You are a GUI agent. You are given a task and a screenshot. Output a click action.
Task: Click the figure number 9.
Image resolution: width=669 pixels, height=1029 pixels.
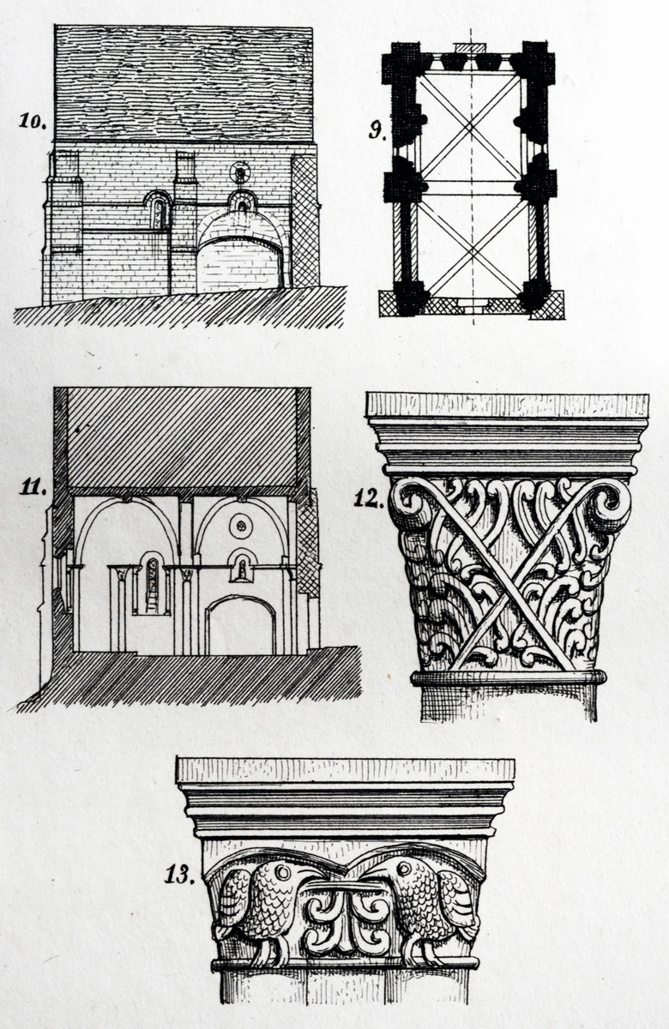(377, 131)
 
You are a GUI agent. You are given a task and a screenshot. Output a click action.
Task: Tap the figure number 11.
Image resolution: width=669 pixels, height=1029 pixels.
(33, 487)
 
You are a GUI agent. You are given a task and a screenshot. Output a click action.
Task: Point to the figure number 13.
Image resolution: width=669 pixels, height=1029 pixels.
(179, 876)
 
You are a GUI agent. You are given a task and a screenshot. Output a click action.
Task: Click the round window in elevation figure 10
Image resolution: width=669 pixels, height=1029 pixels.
(240, 173)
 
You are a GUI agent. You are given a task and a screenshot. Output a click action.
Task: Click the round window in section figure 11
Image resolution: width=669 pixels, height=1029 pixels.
(241, 526)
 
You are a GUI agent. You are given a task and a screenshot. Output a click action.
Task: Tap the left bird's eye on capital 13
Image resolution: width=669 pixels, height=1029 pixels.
(281, 871)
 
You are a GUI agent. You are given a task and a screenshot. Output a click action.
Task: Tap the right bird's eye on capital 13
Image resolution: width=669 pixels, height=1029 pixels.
(404, 869)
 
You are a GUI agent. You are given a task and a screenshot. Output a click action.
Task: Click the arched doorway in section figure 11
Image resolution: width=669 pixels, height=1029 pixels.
(241, 626)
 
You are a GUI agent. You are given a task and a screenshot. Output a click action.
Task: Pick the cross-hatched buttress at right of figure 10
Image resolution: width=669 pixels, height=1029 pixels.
(304, 221)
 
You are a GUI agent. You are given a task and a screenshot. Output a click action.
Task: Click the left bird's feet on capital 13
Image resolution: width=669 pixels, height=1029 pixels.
(272, 949)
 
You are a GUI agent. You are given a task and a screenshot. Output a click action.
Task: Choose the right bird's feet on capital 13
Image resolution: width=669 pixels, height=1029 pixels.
(420, 949)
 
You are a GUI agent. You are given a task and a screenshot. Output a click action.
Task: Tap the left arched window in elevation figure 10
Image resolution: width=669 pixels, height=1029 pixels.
(159, 211)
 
